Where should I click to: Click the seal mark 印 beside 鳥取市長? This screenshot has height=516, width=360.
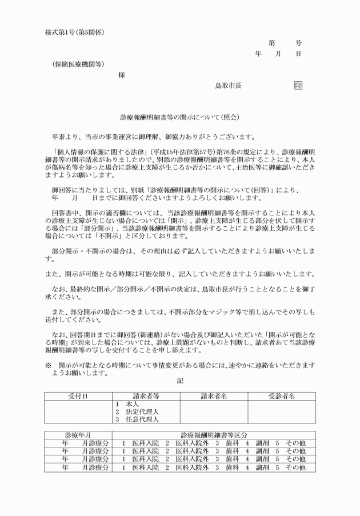coord(298,85)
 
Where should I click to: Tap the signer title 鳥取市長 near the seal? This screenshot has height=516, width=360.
coord(228,86)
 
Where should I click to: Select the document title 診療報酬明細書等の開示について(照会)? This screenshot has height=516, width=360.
coord(180,117)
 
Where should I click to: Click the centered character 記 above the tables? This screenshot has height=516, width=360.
coord(180,380)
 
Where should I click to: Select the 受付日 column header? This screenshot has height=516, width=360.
coord(78,395)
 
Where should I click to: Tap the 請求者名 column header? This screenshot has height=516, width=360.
coord(214,395)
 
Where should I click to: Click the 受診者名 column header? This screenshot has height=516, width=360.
coord(281,395)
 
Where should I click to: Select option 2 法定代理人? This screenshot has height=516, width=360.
coord(137,411)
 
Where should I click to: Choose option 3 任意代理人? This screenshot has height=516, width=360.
coord(137,419)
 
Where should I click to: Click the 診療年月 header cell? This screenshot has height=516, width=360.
coord(78,435)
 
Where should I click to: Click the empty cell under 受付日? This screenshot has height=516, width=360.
coord(78,411)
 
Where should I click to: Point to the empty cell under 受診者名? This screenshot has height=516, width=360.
coord(281,411)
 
